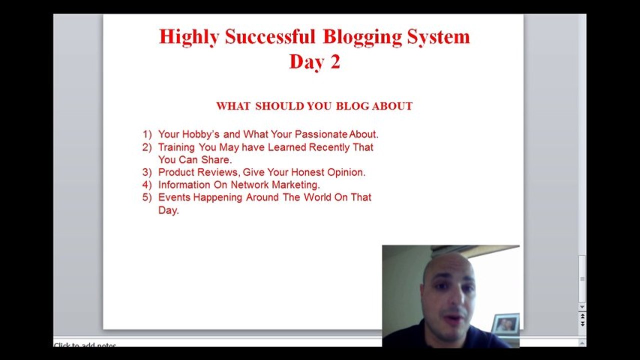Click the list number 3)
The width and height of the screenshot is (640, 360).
click(147, 172)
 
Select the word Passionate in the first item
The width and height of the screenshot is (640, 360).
click(321, 134)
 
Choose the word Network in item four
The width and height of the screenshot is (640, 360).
click(250, 184)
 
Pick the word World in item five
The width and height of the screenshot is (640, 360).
click(317, 197)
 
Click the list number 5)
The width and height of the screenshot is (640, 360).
click(147, 197)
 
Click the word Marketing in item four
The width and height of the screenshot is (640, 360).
click(295, 184)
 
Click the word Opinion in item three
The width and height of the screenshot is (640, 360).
click(346, 172)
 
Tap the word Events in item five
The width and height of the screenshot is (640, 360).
click(174, 197)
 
